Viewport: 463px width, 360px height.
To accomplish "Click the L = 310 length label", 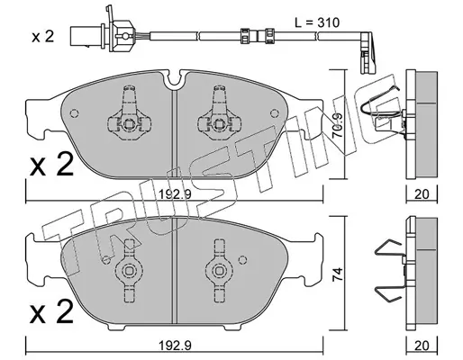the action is tap(316, 22).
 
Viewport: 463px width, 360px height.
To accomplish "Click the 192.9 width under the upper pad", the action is tap(175, 195).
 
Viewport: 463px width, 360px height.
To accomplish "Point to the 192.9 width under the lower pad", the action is tap(175, 346).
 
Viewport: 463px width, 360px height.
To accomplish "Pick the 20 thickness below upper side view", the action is tap(422, 194).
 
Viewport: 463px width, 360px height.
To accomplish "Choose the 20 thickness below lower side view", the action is tap(422, 346).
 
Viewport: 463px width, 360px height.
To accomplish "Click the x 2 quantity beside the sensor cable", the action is tap(43, 37).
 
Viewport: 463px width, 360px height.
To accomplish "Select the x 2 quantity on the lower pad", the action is tap(51, 311).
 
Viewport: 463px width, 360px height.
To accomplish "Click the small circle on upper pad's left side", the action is tap(74, 113).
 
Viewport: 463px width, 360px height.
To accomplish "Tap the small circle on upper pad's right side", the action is tap(274, 113).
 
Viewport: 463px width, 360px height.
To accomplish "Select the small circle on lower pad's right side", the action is tap(242, 259).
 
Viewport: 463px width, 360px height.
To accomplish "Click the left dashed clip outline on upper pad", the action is tap(129, 113).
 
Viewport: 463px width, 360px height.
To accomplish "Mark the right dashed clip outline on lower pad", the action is tap(218, 271).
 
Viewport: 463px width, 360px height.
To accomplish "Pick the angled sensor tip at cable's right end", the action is tap(367, 53).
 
